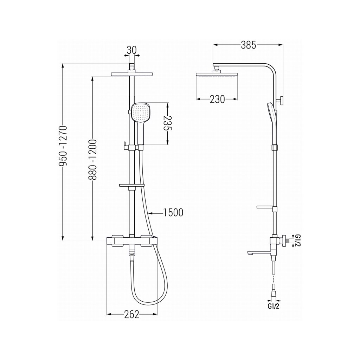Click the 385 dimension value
tap(249, 45)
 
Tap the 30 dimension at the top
tap(131, 50)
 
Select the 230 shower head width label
tap(217, 99)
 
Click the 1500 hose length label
tap(173, 213)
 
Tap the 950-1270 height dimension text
tap(63, 146)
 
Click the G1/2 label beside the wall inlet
tap(297, 240)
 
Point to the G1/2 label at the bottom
tap(273, 306)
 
